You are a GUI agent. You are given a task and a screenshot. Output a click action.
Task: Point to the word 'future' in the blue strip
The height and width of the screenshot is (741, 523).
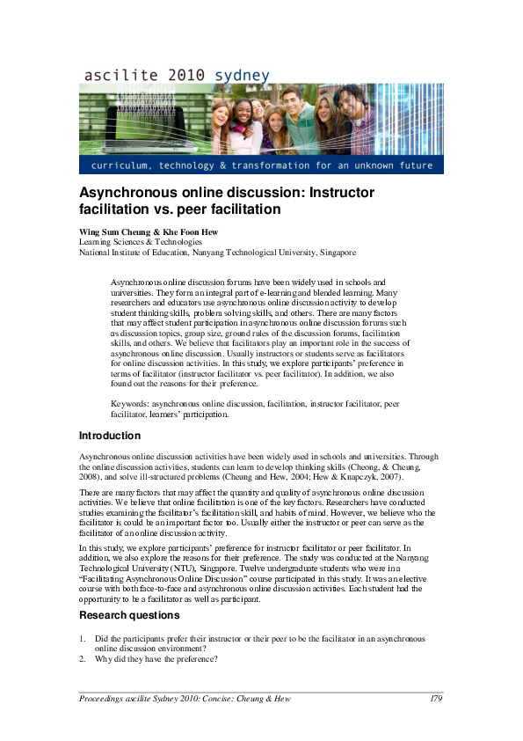[413, 165]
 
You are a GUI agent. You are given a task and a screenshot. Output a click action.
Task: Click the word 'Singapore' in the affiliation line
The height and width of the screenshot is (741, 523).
[338, 252]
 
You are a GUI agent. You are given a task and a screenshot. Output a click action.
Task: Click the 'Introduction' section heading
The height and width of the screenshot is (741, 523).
[110, 436]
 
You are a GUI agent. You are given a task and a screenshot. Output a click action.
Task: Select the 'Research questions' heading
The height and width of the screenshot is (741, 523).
[129, 615]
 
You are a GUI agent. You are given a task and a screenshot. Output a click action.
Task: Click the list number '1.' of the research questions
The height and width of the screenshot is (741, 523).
[83, 639]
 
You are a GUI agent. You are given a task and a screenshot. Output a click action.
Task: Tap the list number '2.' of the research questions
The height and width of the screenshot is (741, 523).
[83, 660]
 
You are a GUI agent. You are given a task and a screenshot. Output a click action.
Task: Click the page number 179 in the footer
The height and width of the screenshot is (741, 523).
[436, 699]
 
